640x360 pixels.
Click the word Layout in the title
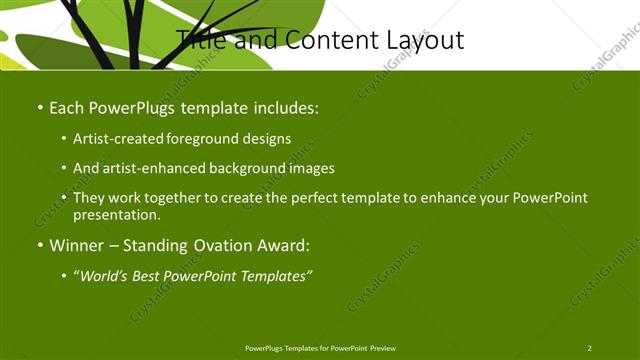click(x=421, y=40)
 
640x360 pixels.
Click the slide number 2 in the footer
click(x=590, y=348)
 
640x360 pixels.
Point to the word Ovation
click(x=213, y=245)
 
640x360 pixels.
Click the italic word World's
click(x=105, y=275)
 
